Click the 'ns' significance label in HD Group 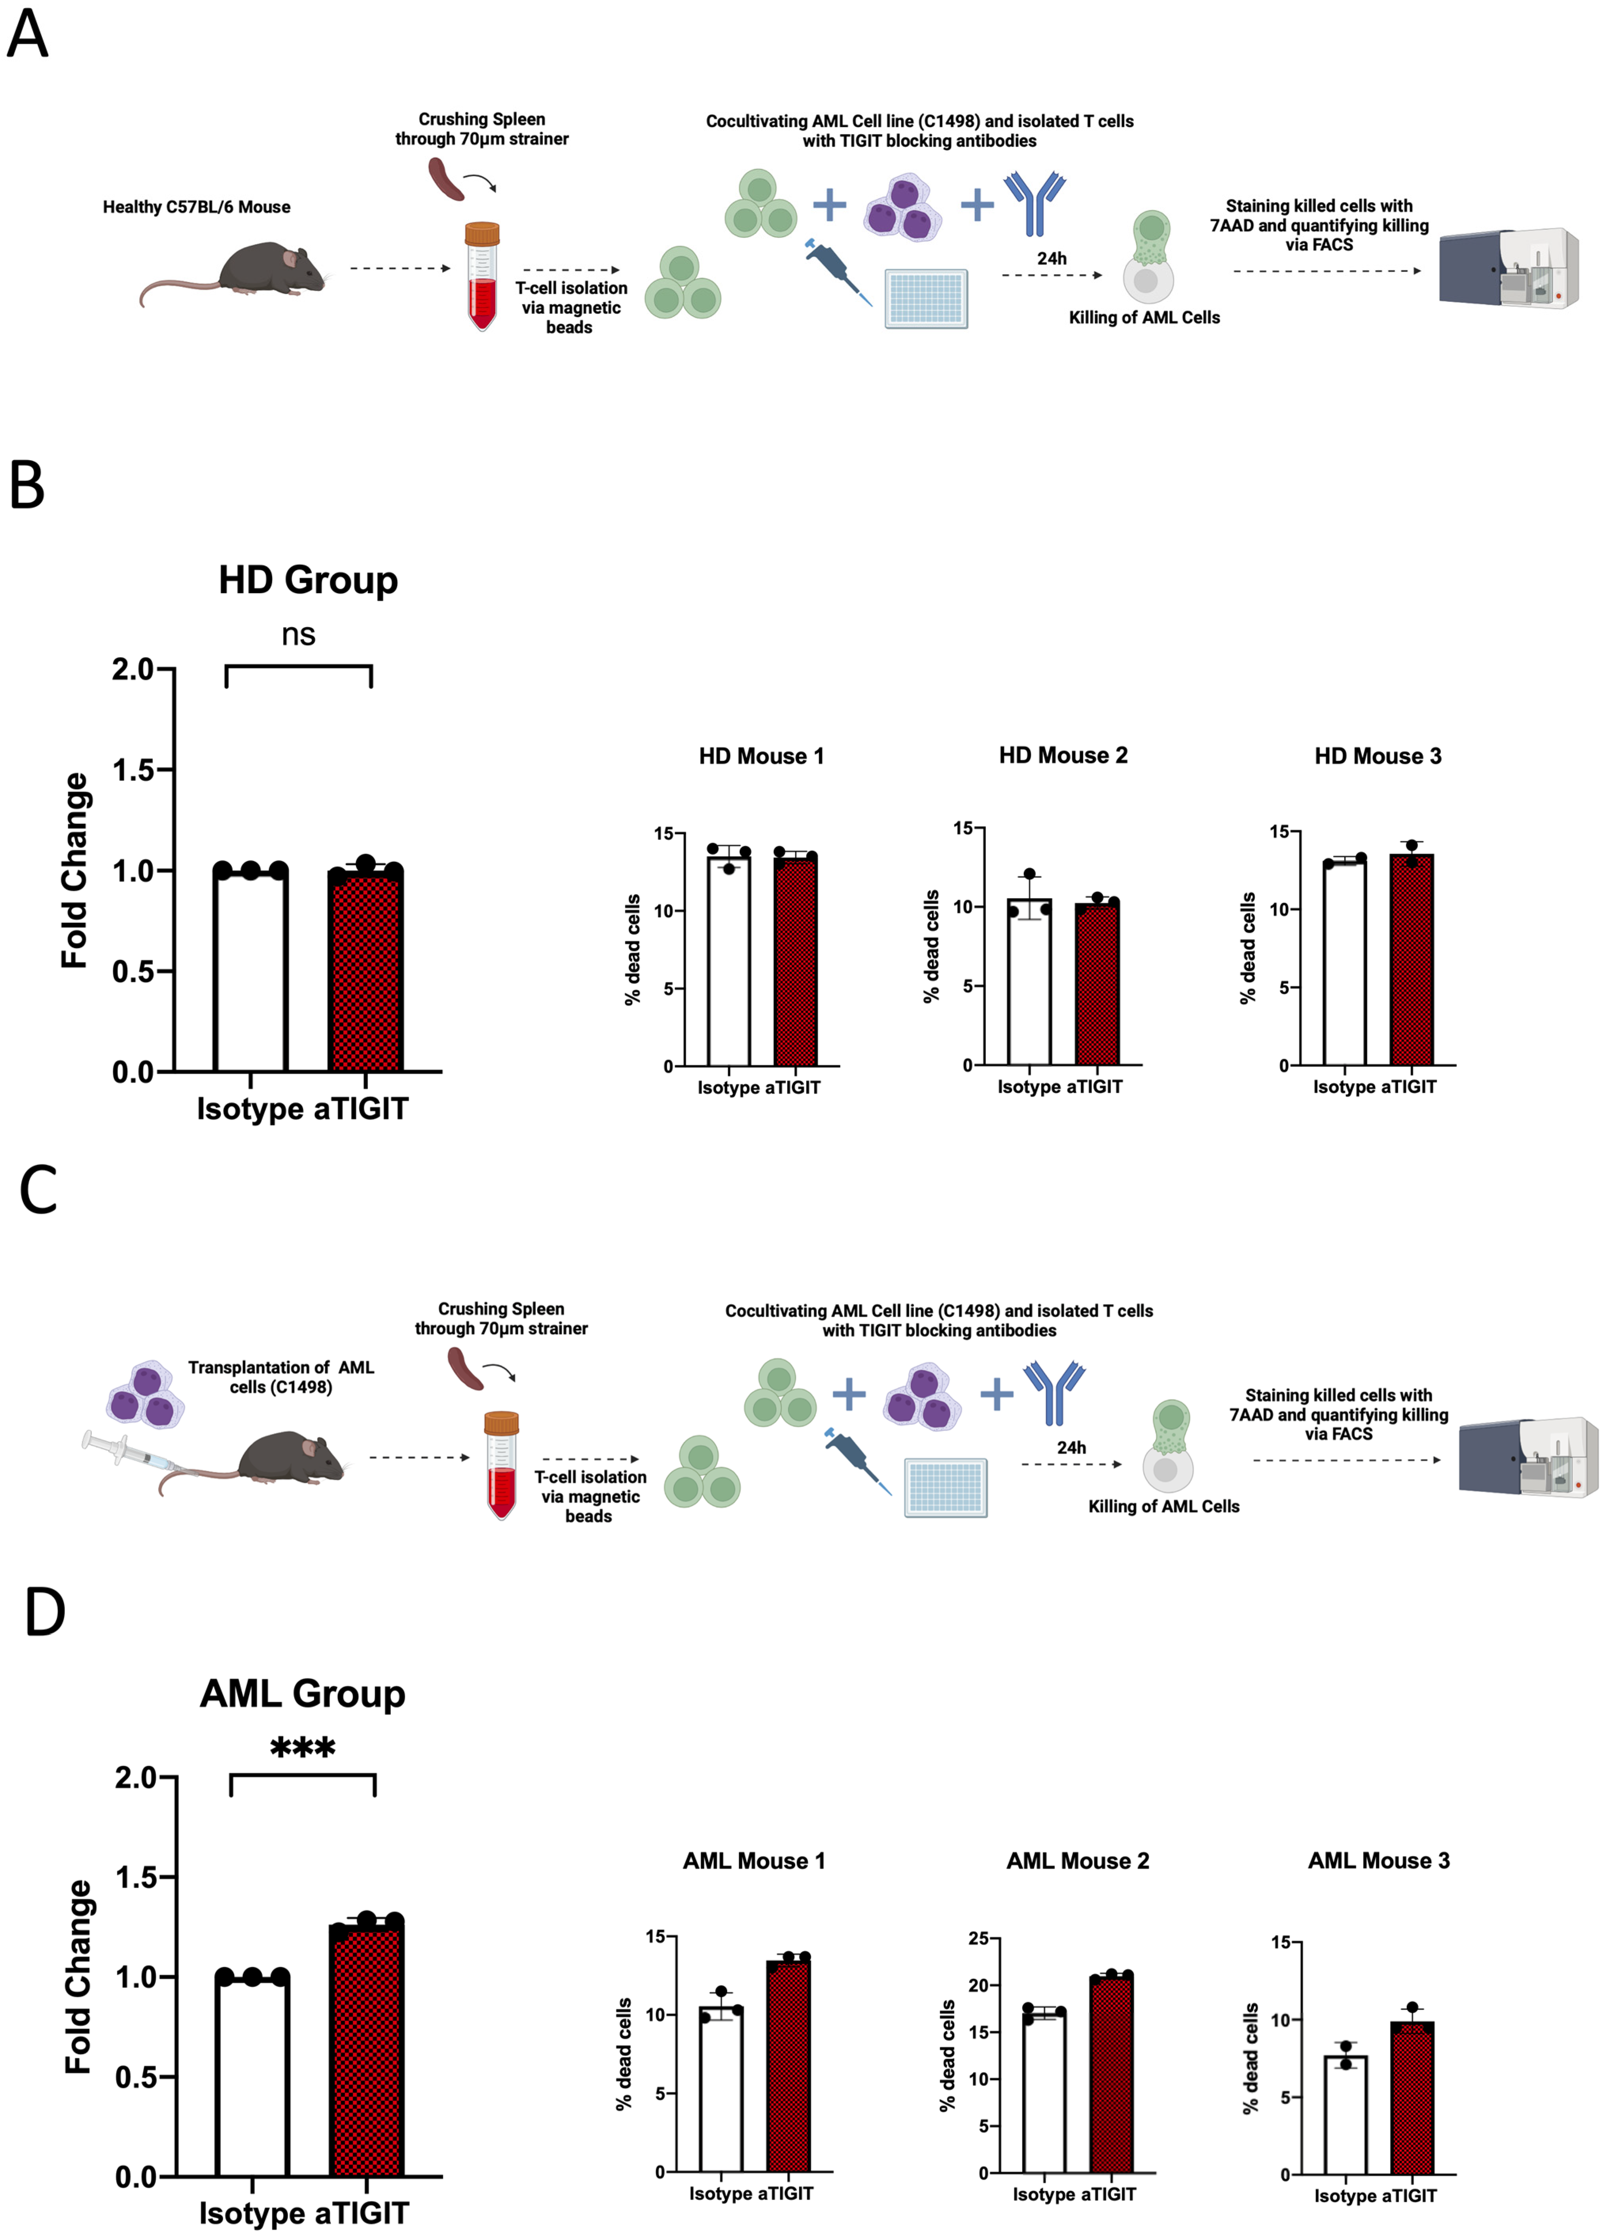tap(298, 635)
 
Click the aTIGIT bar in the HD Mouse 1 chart tap(796, 963)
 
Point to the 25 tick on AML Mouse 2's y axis tap(977, 1938)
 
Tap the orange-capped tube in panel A tap(482, 275)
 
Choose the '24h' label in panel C tap(1071, 1447)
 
